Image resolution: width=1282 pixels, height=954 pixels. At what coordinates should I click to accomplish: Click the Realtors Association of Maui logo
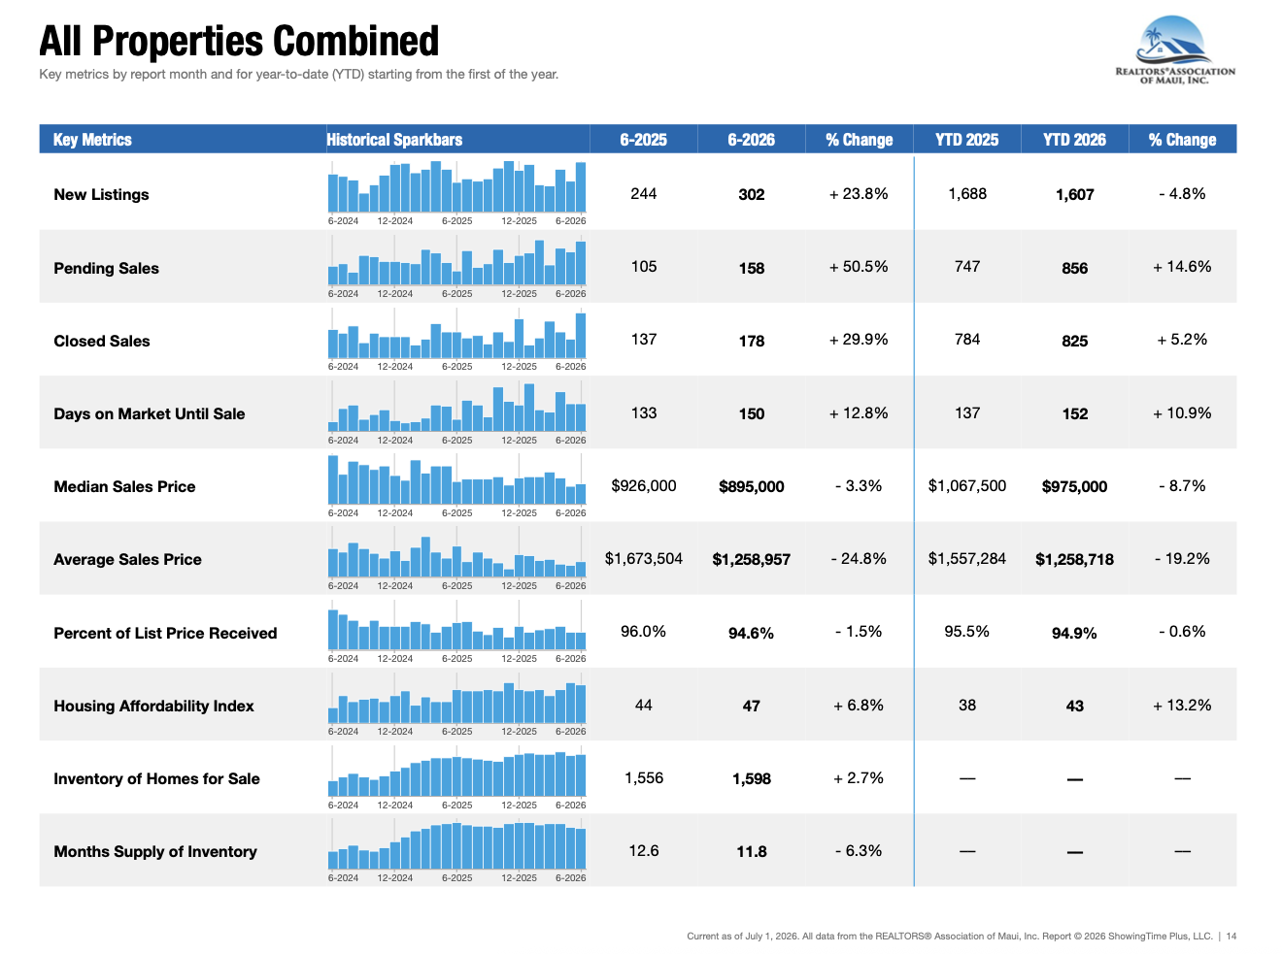[1174, 49]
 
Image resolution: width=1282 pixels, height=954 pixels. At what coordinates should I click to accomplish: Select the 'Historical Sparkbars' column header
[394, 140]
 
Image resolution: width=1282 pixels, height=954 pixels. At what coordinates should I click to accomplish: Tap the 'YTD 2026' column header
[1074, 140]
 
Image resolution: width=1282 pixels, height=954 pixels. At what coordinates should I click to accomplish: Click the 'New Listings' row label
[101, 194]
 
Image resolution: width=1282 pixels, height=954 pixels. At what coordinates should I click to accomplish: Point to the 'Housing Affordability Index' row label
[153, 706]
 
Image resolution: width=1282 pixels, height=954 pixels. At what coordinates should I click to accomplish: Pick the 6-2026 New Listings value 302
[751, 194]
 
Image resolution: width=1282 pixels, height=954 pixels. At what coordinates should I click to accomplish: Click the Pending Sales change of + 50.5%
[859, 266]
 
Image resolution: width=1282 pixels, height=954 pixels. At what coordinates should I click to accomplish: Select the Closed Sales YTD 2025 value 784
[967, 339]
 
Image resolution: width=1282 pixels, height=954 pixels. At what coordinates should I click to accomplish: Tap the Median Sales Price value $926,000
[643, 485]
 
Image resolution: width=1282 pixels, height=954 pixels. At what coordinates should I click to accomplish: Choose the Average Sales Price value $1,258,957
[751, 559]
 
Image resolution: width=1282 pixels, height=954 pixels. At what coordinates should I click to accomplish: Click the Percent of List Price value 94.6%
[751, 633]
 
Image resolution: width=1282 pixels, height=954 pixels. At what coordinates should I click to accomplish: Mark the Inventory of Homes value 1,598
[752, 779]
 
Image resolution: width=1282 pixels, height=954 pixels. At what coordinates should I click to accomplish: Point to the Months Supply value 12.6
[643, 850]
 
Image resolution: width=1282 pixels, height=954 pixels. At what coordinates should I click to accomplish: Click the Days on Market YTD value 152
[1074, 413]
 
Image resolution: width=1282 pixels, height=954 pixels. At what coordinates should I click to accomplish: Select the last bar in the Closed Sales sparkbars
[581, 336]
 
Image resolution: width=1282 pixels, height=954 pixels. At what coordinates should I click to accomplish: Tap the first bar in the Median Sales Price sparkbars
[333, 479]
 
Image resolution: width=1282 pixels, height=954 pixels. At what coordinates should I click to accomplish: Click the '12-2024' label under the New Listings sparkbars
[394, 220]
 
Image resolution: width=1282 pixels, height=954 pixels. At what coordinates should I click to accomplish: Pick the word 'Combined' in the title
[355, 41]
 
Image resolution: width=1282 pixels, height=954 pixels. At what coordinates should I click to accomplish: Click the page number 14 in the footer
[1231, 936]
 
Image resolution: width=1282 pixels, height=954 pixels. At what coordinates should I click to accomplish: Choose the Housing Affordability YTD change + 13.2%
[1182, 705]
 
